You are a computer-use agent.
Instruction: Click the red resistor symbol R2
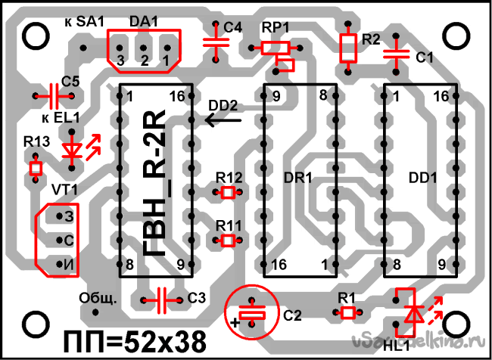coord(348,48)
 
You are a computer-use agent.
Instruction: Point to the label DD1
coord(423,178)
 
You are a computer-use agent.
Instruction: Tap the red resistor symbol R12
coord(229,193)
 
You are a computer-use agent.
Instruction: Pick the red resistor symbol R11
coord(229,241)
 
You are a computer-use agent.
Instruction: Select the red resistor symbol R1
coord(347,312)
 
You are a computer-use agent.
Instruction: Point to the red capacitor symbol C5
coord(54,96)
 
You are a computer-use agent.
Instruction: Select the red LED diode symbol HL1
coord(412,313)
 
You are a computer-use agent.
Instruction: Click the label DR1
coord(299,178)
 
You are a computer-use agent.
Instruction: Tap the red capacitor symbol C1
coord(394,54)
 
